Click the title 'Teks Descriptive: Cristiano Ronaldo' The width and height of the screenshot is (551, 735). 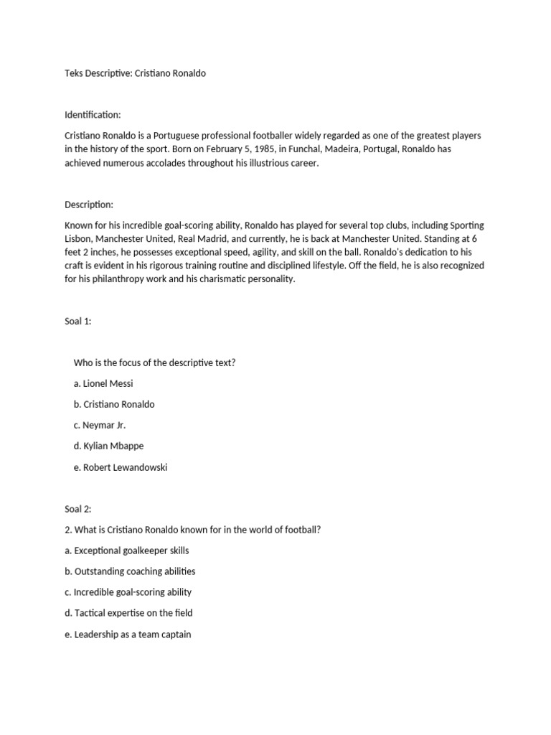click(x=135, y=73)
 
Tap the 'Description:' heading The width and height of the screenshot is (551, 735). click(x=89, y=205)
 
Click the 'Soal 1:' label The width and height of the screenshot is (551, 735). click(x=78, y=322)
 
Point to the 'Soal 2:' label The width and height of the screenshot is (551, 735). click(x=78, y=509)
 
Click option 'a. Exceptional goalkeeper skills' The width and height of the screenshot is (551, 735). click(x=127, y=551)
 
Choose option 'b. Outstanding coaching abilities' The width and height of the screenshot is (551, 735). click(x=130, y=571)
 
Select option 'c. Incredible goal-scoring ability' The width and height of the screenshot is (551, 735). click(x=128, y=592)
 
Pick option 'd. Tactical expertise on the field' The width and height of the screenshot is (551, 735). click(x=128, y=613)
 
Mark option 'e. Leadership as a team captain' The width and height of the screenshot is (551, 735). click(x=128, y=635)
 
